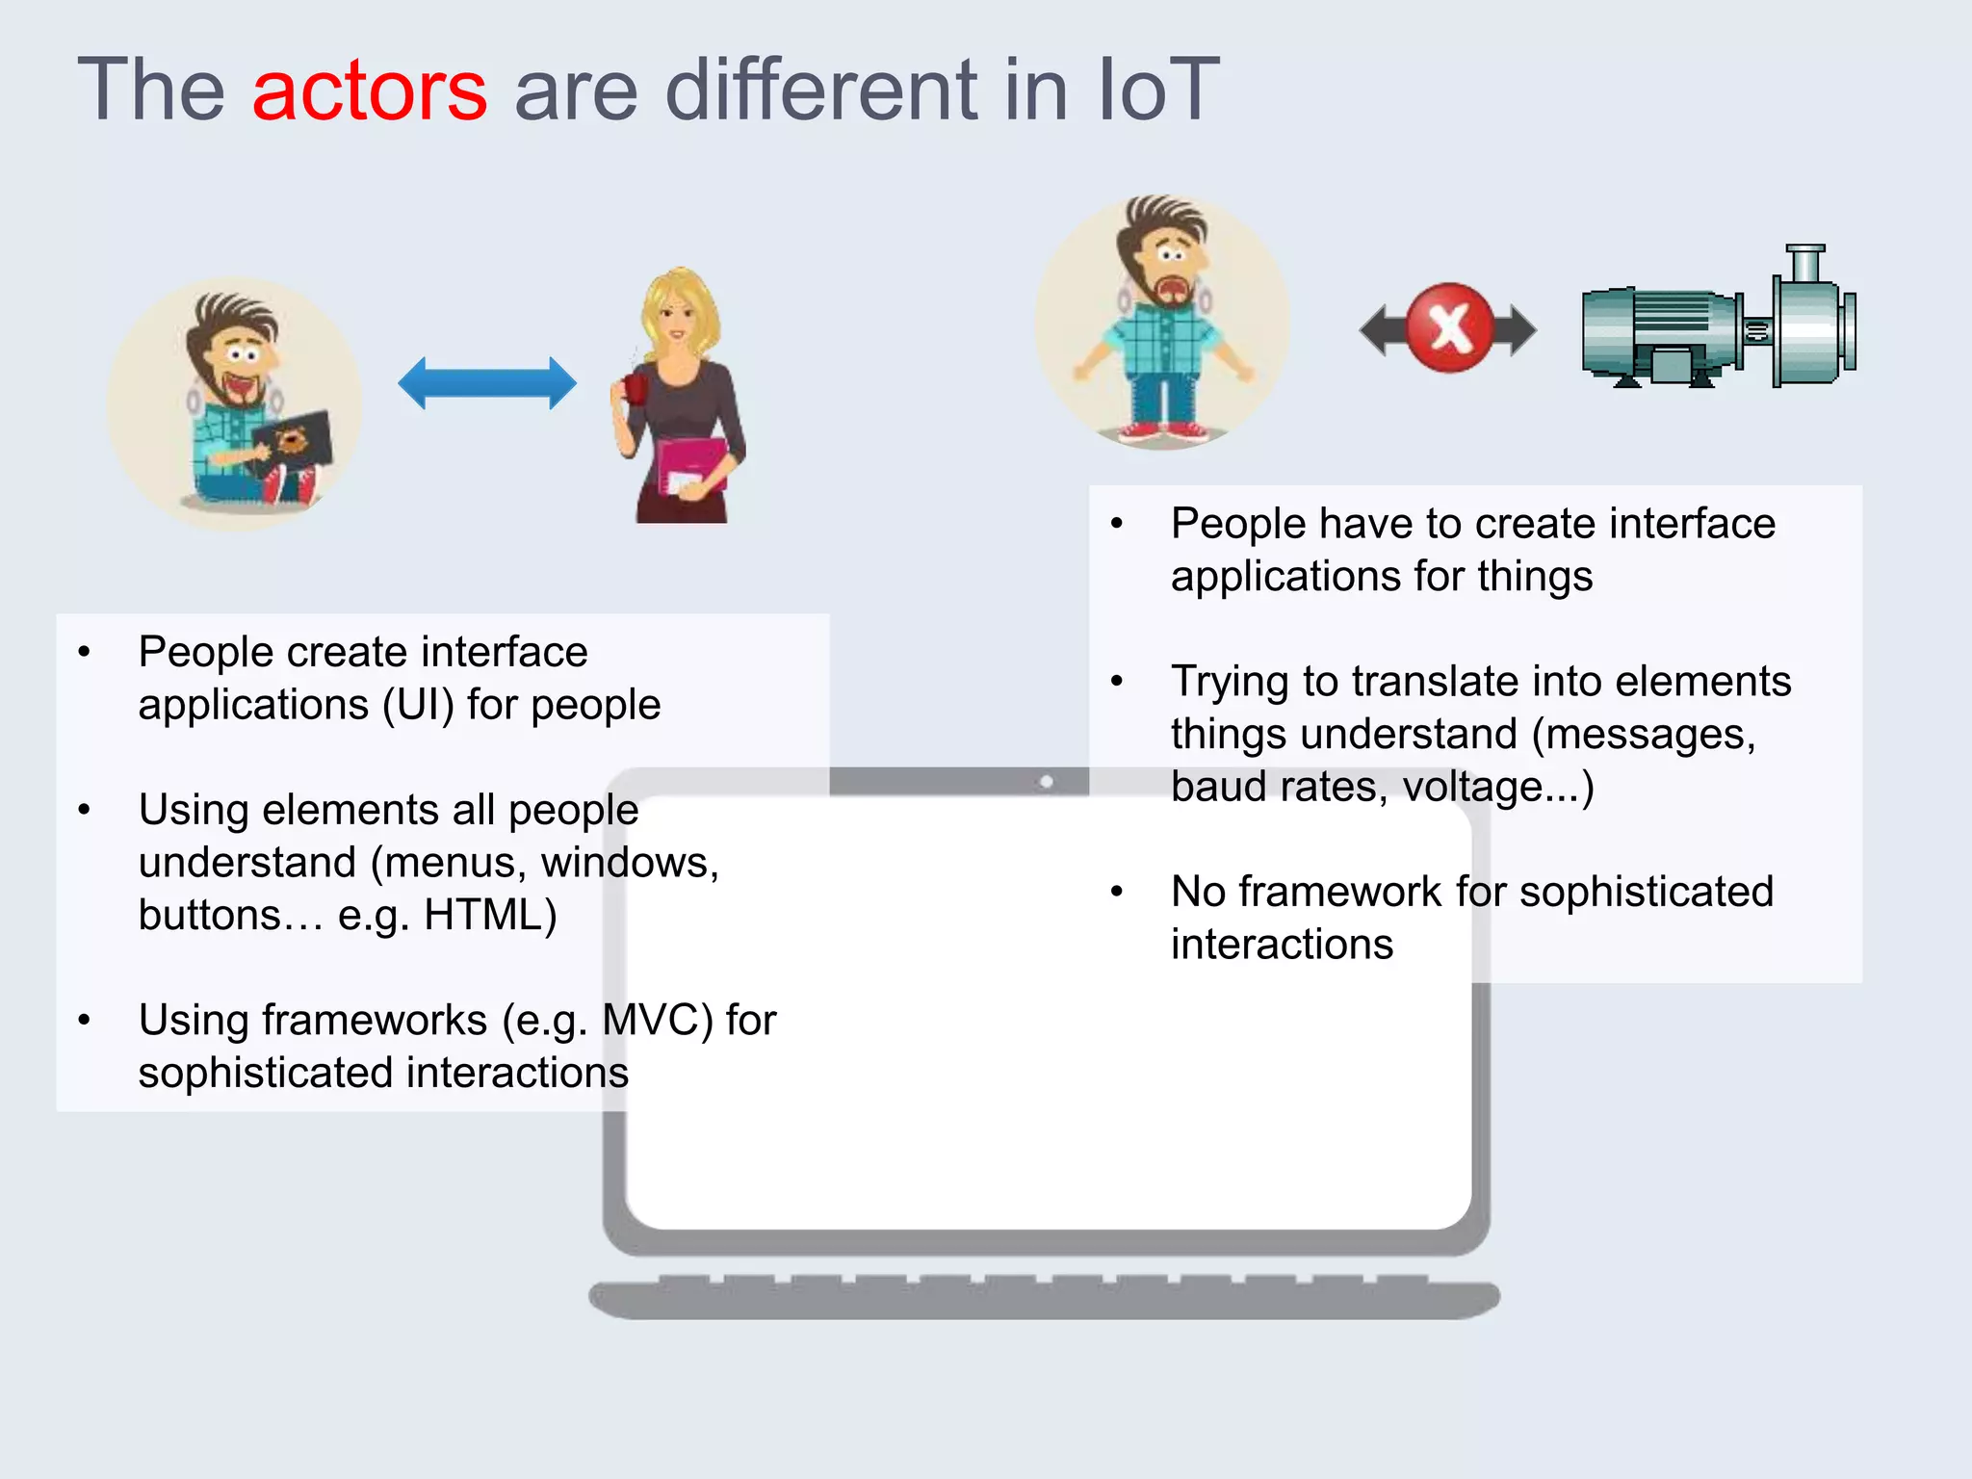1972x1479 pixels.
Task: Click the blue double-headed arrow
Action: [x=487, y=383]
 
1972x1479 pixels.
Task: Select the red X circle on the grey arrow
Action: [x=1449, y=328]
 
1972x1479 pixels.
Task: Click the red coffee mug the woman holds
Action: [x=636, y=387]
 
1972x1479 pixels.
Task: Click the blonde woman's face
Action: [x=676, y=318]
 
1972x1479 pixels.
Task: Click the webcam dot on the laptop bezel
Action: [x=1047, y=781]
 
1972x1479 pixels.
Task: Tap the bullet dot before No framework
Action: [x=1117, y=892]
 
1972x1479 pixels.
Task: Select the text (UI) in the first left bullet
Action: [x=418, y=705]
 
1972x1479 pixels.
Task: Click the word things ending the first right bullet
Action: [x=1535, y=577]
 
